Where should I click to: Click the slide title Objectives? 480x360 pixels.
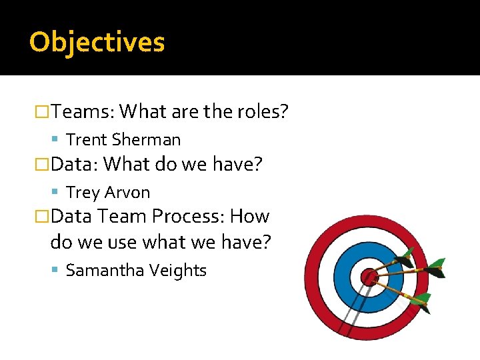(97, 42)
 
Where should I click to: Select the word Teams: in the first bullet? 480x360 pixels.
(82, 111)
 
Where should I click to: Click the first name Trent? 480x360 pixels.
(87, 140)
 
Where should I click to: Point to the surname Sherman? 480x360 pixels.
(146, 140)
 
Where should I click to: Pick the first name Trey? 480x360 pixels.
(83, 193)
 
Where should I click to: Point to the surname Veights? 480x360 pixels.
(179, 271)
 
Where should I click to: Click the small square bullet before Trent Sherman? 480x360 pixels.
(55, 140)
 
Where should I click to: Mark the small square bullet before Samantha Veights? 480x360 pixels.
(55, 271)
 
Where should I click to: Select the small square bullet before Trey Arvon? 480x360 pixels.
(55, 193)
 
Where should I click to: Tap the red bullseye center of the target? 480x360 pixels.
(368, 276)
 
